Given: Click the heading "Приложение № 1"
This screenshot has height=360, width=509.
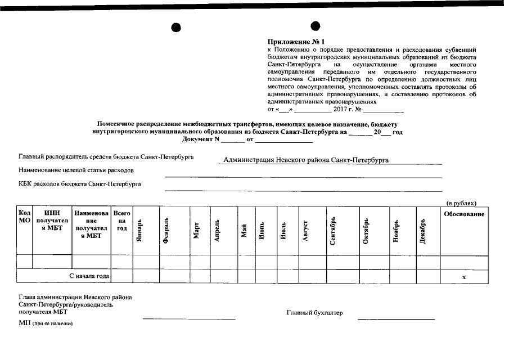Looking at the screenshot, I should coord(296,42).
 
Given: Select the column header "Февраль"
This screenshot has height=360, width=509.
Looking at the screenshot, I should coord(166,231).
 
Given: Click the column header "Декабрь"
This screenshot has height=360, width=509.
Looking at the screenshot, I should coord(424,231).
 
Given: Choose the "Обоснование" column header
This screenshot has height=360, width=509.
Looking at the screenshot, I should coord(463,214).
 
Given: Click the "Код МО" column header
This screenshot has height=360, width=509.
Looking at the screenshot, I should coord(24,217).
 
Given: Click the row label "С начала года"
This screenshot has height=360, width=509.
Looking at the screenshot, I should coord(89,276).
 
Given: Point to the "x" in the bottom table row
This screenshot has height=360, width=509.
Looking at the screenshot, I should coord(463,277).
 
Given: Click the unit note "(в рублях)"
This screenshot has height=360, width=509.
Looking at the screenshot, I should coord(461,202).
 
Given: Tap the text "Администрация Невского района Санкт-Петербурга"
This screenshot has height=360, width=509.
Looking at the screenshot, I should coord(306,160).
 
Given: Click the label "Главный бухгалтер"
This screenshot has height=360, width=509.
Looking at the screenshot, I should coord(314,313).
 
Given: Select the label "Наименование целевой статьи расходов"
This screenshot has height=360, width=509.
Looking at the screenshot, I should coord(76,170).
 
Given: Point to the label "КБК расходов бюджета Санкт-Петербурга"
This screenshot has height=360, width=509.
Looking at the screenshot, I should coord(80,183).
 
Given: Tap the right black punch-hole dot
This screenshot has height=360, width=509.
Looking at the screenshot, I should coord(316,26).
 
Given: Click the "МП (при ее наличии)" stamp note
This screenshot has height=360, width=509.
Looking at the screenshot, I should coord(46,323).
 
